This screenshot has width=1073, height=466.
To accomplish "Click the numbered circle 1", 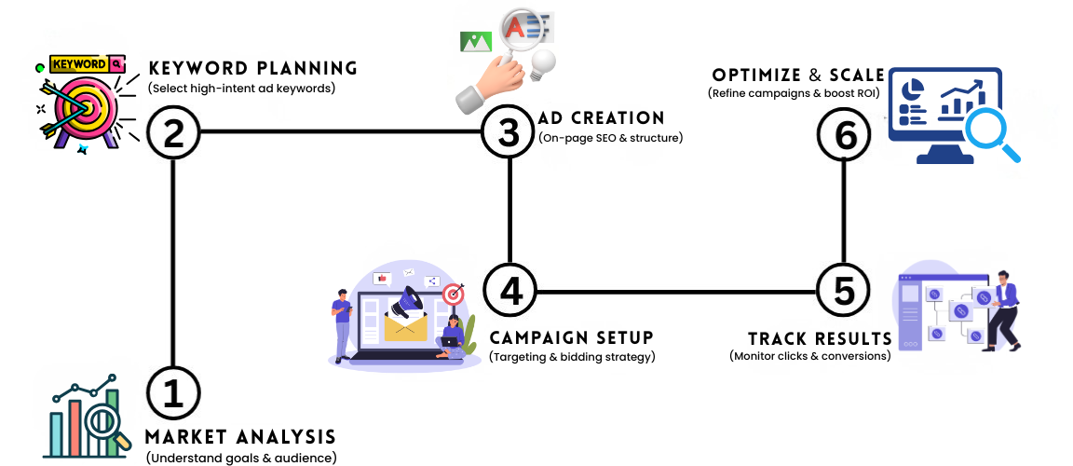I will pyautogui.click(x=174, y=396).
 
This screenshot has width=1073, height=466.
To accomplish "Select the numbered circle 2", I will pyautogui.click(x=174, y=132).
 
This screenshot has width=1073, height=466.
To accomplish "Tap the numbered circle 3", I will pyautogui.click(x=509, y=132).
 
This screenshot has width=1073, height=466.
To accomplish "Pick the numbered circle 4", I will pyautogui.click(x=510, y=291).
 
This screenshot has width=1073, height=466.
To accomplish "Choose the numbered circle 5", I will pyautogui.click(x=843, y=291).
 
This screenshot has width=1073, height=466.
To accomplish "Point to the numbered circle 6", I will pyautogui.click(x=845, y=134).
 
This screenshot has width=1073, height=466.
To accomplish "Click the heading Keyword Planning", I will pyautogui.click(x=253, y=68).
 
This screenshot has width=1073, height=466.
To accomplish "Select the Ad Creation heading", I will pyautogui.click(x=602, y=118).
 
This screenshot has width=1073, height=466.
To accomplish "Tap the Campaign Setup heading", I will pyautogui.click(x=571, y=336).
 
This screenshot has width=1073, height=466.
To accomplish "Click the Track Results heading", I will pyautogui.click(x=820, y=337).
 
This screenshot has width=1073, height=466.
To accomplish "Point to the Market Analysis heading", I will pyautogui.click(x=240, y=437).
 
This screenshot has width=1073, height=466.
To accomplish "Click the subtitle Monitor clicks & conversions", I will pyautogui.click(x=809, y=355).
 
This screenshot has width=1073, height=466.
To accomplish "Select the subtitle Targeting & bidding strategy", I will pyautogui.click(x=572, y=356).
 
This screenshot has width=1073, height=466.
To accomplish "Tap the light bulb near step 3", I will pyautogui.click(x=543, y=63).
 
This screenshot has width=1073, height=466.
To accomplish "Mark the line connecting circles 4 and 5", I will pyautogui.click(x=676, y=291).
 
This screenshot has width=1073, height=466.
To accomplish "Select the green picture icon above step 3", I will pyautogui.click(x=475, y=41).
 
